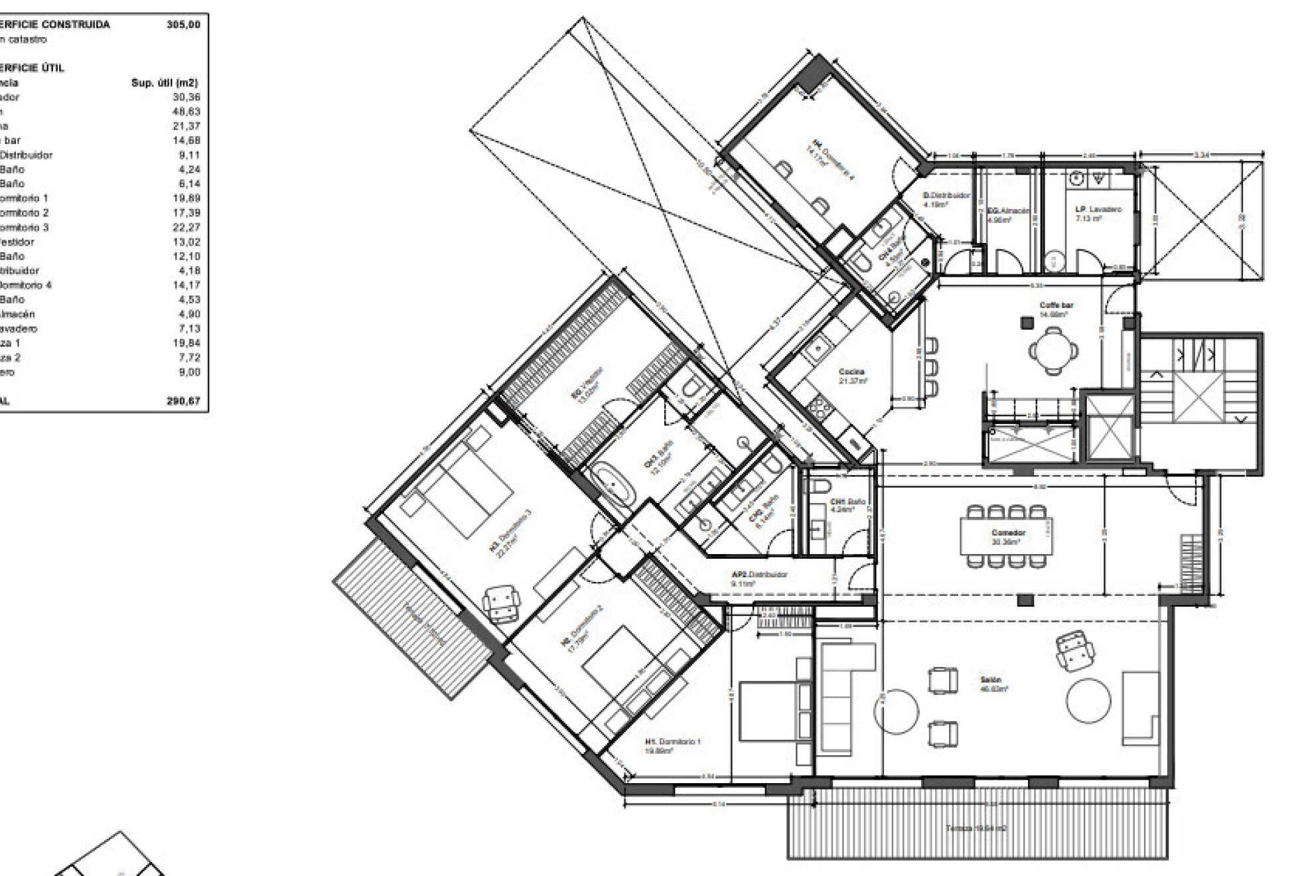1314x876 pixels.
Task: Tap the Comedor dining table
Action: pos(1005,536)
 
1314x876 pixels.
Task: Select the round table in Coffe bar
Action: pos(1053,350)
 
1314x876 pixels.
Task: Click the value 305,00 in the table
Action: pos(183,25)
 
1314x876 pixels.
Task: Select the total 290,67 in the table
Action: pos(183,401)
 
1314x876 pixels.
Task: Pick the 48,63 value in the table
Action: pos(186,111)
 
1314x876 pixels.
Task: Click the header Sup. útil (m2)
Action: pos(165,83)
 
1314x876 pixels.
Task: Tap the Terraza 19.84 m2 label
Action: pos(976,828)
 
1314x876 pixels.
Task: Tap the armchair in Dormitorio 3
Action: pos(501,603)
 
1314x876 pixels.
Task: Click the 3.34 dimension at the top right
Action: pos(1201,155)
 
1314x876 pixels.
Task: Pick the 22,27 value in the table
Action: pos(186,227)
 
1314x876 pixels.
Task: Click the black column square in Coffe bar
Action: pos(1027,323)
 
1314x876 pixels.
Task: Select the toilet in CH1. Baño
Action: pos(820,484)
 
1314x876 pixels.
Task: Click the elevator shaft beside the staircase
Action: pos(1110,427)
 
